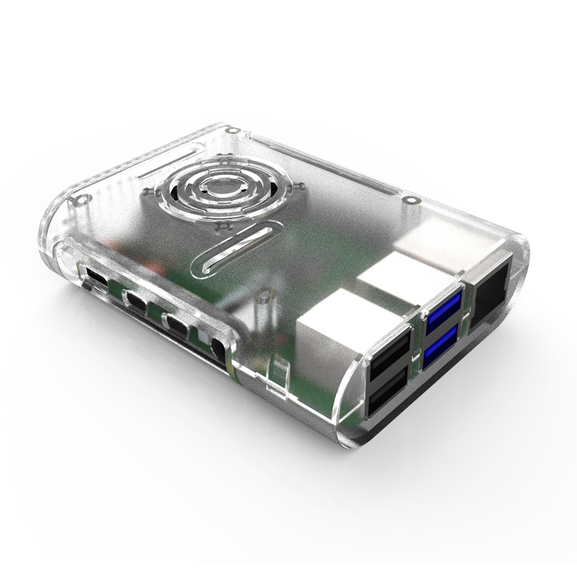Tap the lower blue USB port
440,349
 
